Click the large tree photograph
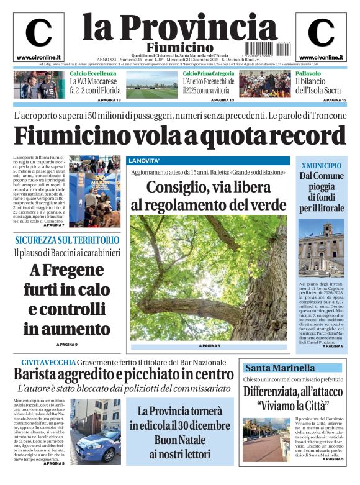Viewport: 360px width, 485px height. pos(209,278)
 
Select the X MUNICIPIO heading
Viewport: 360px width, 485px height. pos(321,166)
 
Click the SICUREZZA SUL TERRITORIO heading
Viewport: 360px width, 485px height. pos(67,240)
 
